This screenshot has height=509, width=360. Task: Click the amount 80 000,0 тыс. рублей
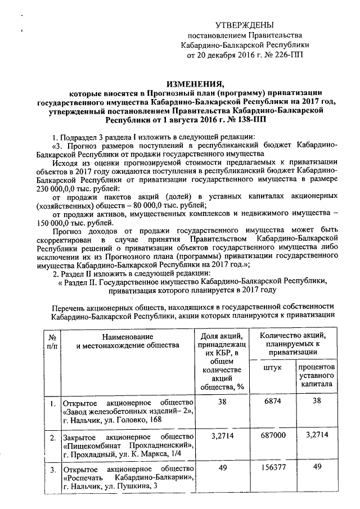point(166,205)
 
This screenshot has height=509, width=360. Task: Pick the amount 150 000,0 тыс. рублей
point(73,223)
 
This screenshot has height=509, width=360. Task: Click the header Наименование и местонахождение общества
point(127,340)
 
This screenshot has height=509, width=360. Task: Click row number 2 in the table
point(52,437)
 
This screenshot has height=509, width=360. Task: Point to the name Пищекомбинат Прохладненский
point(128,445)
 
